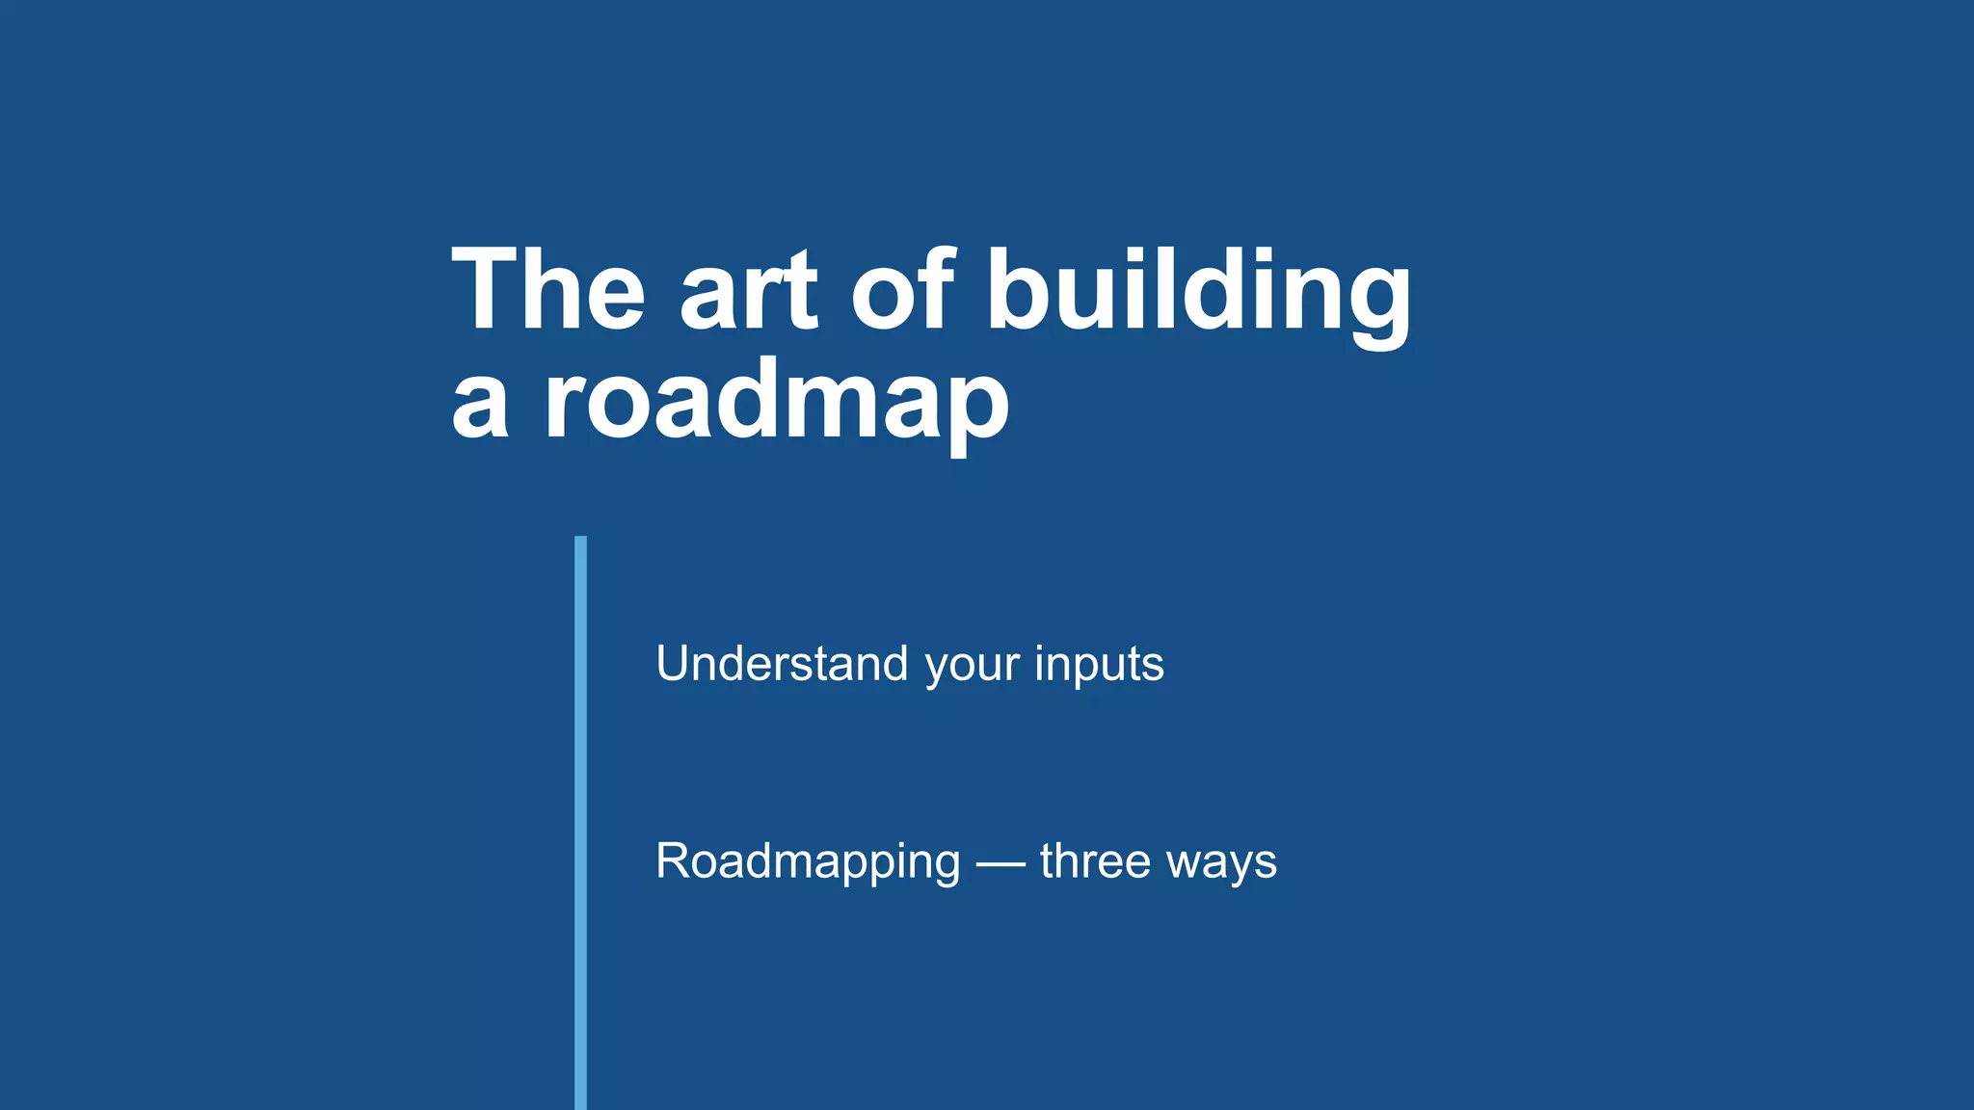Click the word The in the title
pos(547,290)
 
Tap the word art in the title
pos(749,290)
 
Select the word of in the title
pos(902,290)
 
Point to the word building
pos(1198,290)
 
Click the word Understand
pos(782,664)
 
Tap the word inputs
pos(1099,665)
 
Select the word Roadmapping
pos(808,861)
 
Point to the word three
pos(1095,860)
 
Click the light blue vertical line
pos(580,819)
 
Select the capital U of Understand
pos(673,664)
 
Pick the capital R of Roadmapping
pos(674,860)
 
